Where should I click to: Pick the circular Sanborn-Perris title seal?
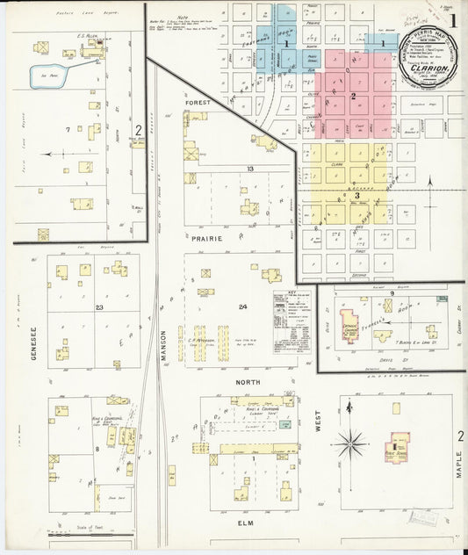(428, 61)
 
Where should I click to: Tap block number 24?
(242, 306)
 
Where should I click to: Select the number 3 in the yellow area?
(357, 195)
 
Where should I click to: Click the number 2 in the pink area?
(353, 96)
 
